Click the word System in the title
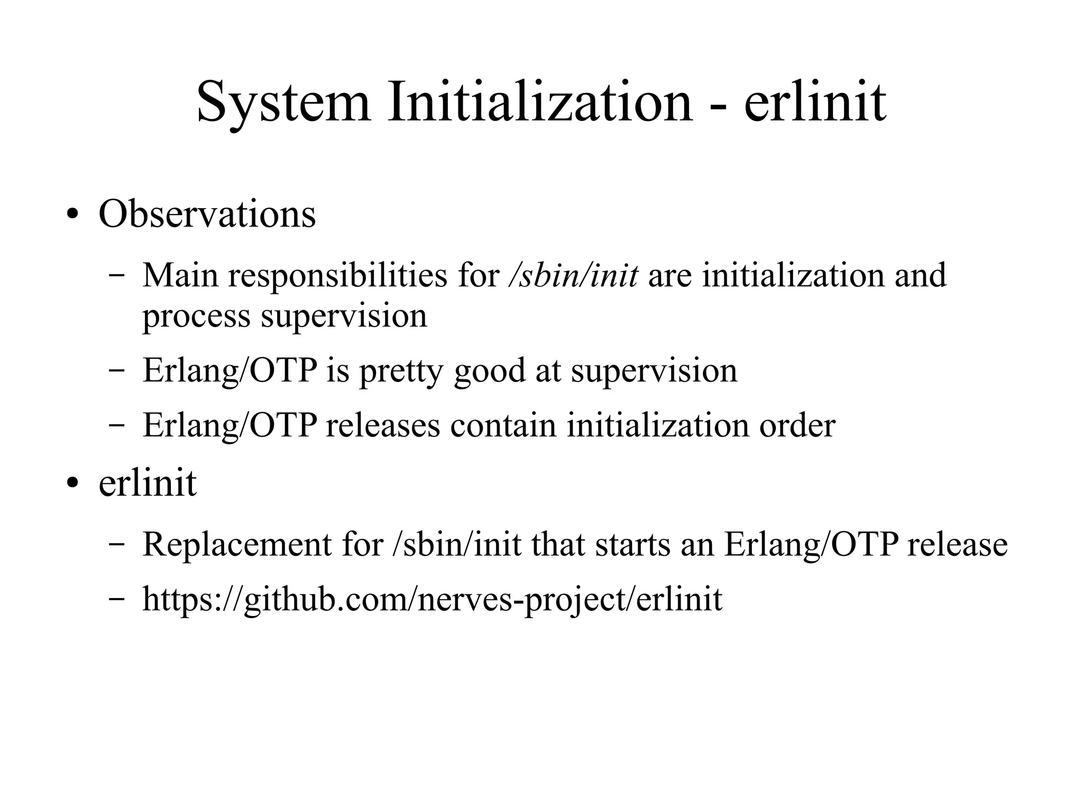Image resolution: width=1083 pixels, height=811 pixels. [x=283, y=102]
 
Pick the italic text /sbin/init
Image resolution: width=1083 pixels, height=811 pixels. [x=573, y=275]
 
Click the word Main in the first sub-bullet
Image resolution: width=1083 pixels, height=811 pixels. [x=180, y=275]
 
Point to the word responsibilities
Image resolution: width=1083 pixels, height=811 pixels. [x=337, y=276]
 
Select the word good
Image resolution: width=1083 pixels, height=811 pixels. [x=489, y=371]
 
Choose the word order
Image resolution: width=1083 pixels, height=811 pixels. [x=797, y=425]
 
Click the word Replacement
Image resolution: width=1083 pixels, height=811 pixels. [x=237, y=544]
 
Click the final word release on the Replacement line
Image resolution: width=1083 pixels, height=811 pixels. [x=957, y=544]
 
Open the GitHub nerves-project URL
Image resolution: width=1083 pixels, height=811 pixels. [x=432, y=600]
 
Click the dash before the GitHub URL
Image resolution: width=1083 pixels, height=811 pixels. [x=116, y=600]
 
